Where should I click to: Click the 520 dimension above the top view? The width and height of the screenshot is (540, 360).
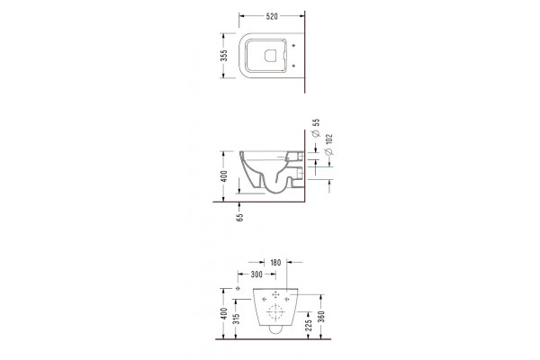[272, 16]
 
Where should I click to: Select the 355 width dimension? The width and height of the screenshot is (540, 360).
[224, 56]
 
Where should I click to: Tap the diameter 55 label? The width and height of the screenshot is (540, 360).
[316, 128]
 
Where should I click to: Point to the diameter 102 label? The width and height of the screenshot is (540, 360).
[328, 144]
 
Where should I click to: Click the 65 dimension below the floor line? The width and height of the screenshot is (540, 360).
[239, 217]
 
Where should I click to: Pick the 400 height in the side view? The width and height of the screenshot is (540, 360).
[224, 176]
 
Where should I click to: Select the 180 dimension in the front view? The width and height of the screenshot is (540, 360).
[275, 263]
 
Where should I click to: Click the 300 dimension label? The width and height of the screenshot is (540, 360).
[256, 274]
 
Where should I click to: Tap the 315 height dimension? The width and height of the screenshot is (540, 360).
[236, 319]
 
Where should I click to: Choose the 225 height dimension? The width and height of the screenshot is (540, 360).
[309, 325]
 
